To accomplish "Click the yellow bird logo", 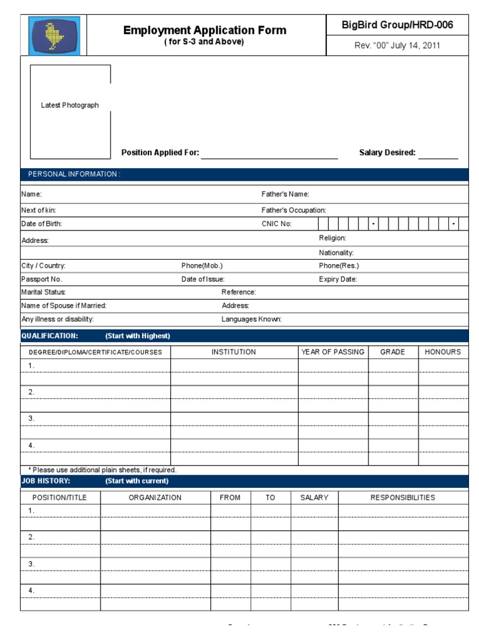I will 54,35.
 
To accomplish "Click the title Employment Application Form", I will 205,30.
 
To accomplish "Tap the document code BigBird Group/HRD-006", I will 397,25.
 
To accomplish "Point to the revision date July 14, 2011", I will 397,45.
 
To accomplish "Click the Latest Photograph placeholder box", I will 70,111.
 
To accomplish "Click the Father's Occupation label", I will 294,211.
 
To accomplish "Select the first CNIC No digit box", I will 323,224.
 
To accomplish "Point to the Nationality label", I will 336,253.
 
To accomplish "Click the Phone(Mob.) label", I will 201,266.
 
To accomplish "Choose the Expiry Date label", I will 338,280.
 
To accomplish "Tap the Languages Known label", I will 251,320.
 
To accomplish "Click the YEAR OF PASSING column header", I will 332,352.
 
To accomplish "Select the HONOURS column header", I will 443,352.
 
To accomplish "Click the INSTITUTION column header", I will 233,352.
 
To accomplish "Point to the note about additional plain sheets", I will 102,470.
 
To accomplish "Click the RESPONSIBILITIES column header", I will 403,498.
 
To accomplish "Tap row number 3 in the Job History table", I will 31,564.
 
